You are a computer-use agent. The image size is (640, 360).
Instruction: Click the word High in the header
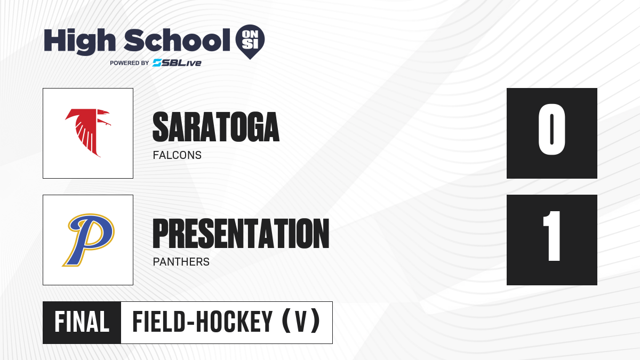coord(79,42)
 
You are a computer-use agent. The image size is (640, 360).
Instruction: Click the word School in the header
coord(177,40)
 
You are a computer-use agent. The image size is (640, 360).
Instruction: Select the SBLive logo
coord(177,63)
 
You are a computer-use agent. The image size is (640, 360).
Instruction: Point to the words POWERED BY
coord(129,63)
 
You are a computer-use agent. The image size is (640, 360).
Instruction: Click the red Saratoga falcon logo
coord(88,133)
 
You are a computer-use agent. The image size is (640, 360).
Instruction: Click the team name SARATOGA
coord(216,127)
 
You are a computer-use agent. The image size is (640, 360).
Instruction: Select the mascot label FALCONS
coord(177,155)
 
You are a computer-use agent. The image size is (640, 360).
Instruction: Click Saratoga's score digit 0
coord(551,129)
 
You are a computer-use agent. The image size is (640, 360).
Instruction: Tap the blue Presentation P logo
coord(89,239)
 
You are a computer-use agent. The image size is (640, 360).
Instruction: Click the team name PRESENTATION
coord(241,234)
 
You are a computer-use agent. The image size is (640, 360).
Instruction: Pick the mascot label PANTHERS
coord(181,262)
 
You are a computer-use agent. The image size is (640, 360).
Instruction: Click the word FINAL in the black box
coord(82,322)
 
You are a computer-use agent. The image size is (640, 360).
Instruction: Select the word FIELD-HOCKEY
coord(202,322)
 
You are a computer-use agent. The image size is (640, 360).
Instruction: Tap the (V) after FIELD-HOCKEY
coord(301,322)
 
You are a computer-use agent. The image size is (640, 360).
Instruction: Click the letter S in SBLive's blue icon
coord(157,63)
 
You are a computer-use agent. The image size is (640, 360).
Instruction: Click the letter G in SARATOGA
coord(252,127)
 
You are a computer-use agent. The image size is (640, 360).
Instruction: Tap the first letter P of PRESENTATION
coord(160,234)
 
